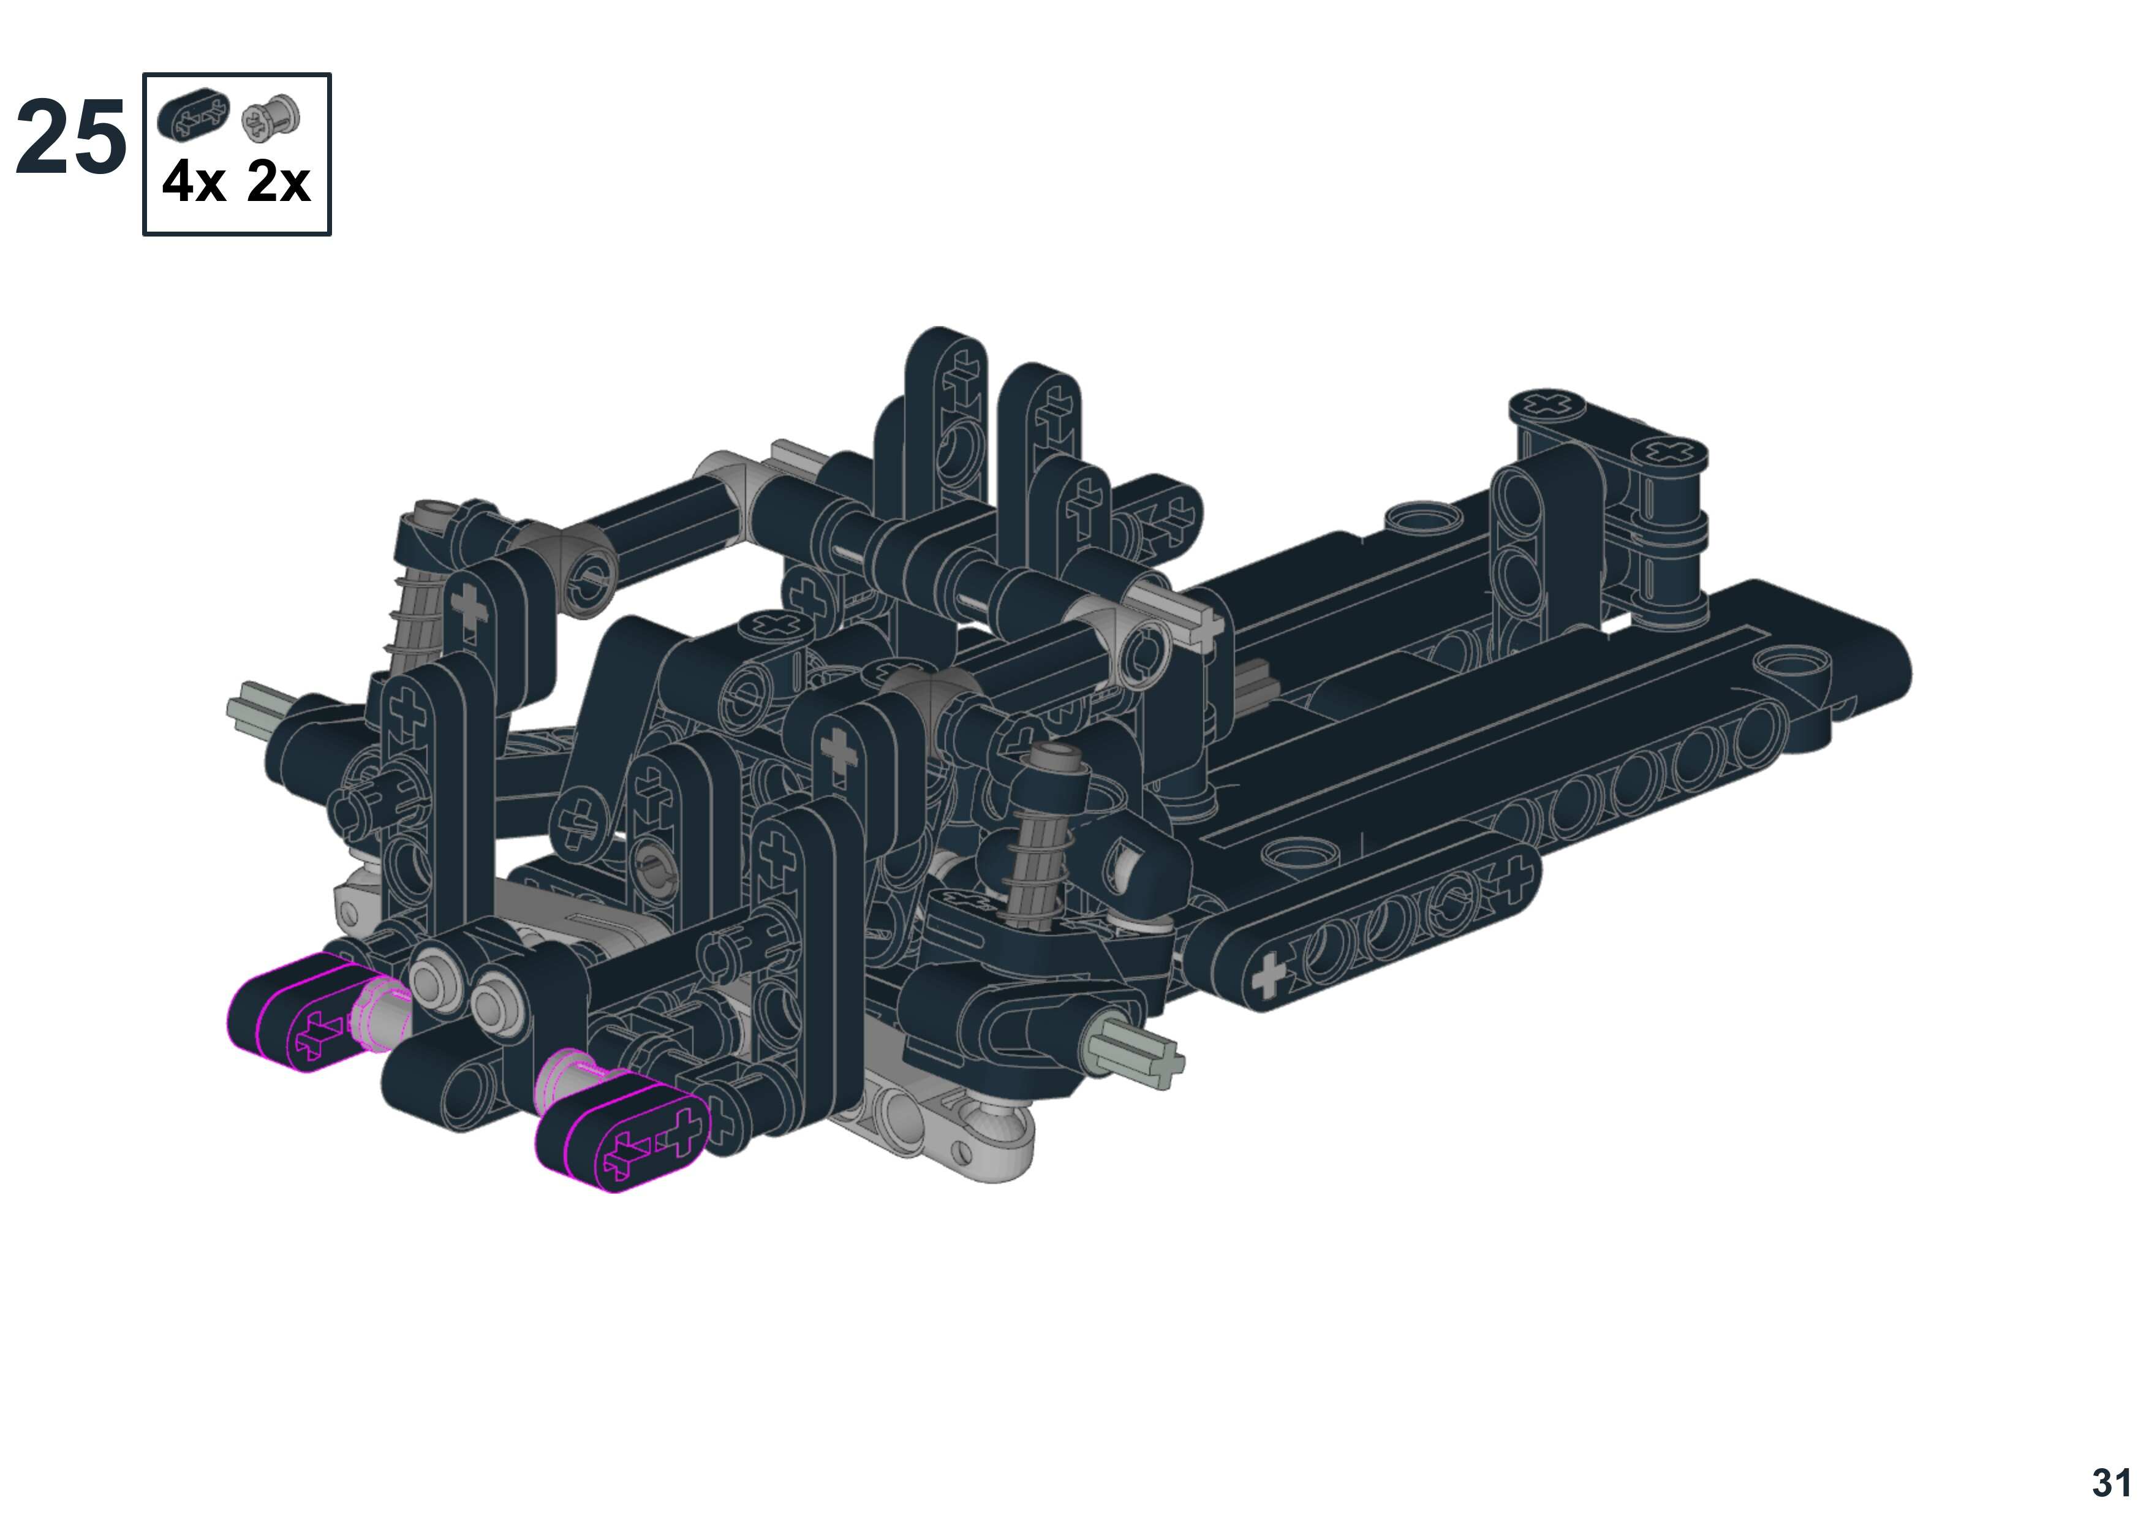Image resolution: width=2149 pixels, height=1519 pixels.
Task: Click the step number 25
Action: click(x=70, y=138)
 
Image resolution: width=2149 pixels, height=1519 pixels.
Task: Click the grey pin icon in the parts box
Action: click(x=271, y=117)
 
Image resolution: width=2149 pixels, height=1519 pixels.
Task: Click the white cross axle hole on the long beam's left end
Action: click(x=1268, y=975)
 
